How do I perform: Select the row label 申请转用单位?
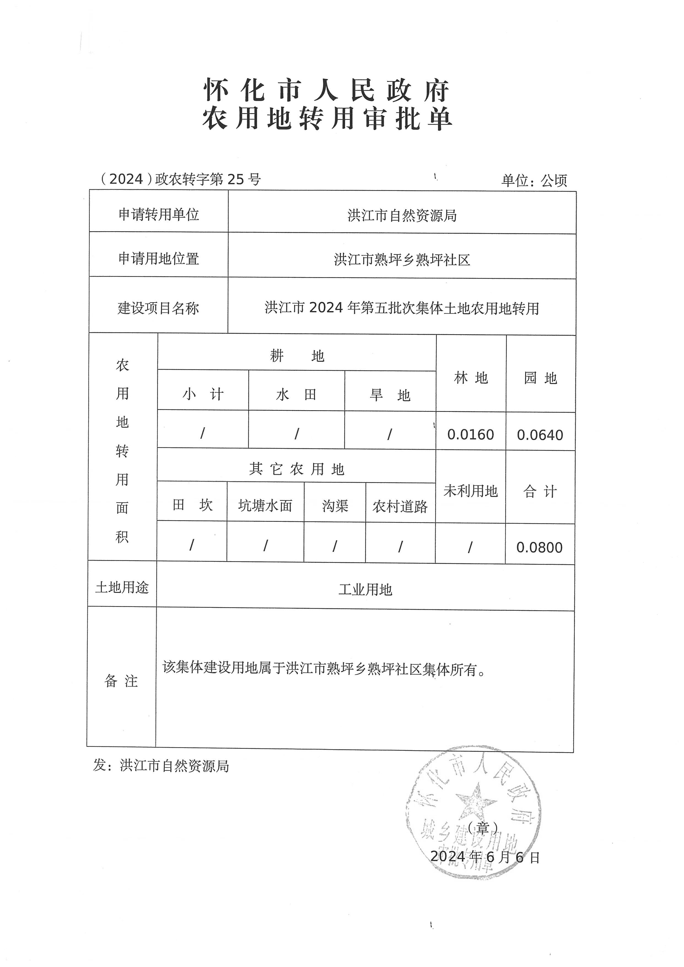point(158,215)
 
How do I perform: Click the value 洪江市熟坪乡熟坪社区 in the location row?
point(402,260)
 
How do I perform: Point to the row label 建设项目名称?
point(158,308)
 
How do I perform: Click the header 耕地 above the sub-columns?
point(297,356)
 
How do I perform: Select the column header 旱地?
point(390,395)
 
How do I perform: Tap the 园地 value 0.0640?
point(540,435)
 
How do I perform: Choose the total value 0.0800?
point(540,547)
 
